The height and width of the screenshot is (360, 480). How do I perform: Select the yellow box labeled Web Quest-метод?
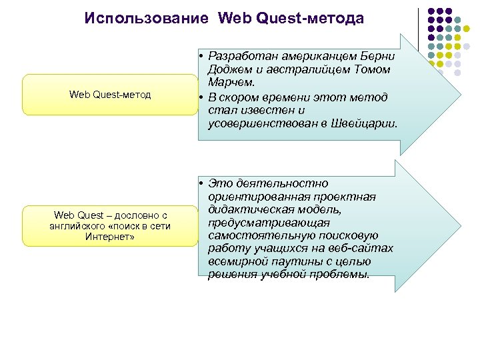(x=110, y=95)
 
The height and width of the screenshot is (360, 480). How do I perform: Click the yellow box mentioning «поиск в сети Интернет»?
(x=110, y=226)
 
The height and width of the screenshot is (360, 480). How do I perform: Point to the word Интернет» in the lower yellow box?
(x=110, y=237)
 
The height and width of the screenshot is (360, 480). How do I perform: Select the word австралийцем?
(x=304, y=69)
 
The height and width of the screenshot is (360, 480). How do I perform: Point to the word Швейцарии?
(x=371, y=124)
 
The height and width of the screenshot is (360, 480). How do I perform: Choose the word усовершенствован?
(x=264, y=124)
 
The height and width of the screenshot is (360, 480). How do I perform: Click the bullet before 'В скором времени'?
(x=200, y=97)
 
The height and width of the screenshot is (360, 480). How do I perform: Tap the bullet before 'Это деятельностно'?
(x=200, y=183)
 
